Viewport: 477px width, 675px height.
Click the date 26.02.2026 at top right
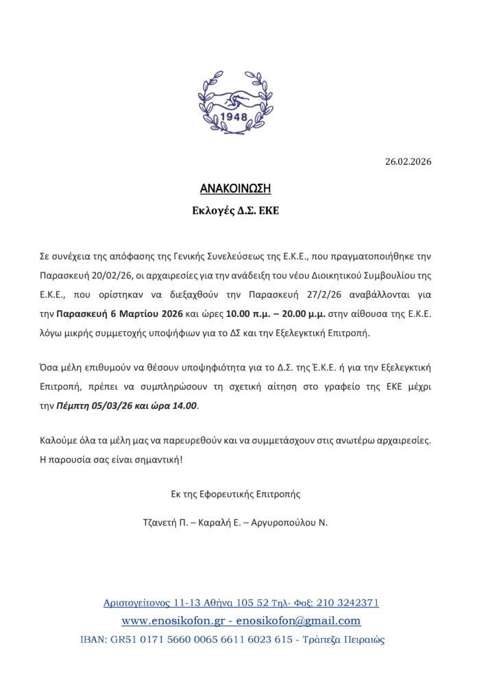point(409,162)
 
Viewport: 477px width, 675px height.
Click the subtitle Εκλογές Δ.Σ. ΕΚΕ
point(236,211)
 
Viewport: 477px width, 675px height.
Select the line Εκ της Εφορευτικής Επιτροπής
point(236,493)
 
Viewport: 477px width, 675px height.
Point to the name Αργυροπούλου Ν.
point(291,522)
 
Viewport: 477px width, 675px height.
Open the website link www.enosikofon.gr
point(174,621)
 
